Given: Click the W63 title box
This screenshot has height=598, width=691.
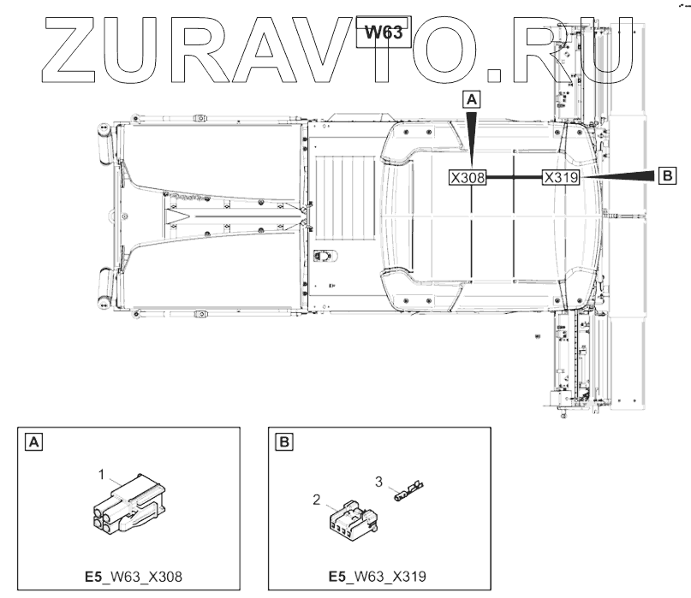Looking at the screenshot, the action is (384, 33).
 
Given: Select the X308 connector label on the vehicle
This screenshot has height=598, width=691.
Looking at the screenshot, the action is (468, 177).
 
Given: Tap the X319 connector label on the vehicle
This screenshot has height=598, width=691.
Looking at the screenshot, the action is (561, 177).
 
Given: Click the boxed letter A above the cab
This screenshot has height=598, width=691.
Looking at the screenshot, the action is (472, 100).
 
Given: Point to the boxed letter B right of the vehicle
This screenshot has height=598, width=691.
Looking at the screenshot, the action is (667, 175).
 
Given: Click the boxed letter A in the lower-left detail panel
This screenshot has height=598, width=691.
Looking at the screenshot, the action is (34, 441).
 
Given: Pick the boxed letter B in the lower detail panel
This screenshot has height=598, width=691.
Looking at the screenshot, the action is (284, 441).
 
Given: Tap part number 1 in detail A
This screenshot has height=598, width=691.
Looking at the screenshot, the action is (102, 475).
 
